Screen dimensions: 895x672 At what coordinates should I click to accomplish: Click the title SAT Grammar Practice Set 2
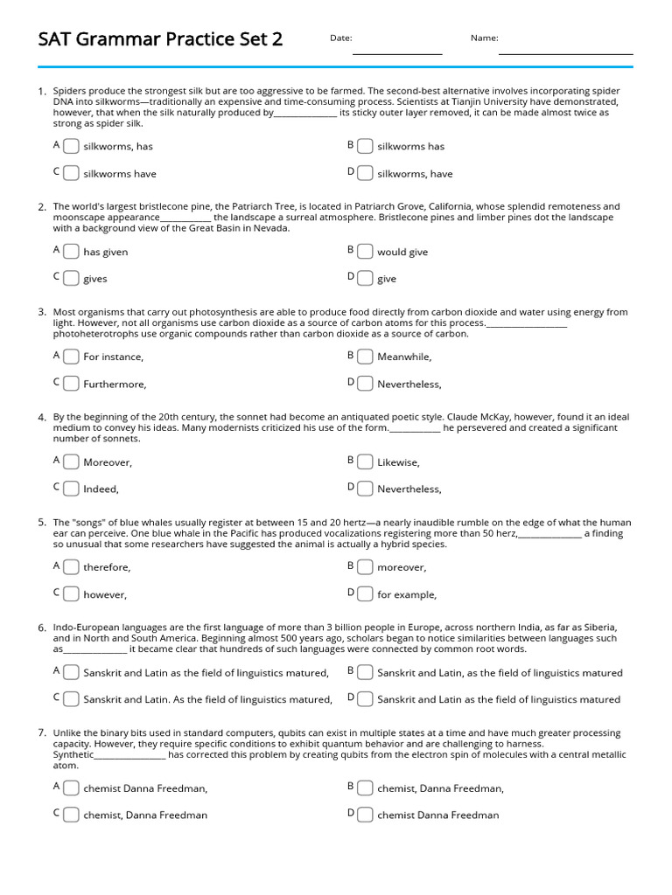click(x=160, y=39)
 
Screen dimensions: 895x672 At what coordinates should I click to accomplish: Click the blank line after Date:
click(x=396, y=52)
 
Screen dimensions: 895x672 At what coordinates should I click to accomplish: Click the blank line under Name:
click(x=565, y=52)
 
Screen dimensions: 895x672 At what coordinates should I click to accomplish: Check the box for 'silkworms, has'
click(x=71, y=146)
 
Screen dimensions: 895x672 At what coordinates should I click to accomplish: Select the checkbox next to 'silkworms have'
click(x=71, y=173)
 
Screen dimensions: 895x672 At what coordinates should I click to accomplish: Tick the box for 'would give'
click(x=365, y=252)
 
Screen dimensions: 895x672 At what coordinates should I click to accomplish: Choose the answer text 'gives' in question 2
click(x=95, y=279)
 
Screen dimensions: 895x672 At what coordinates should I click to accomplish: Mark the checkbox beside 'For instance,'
click(x=71, y=357)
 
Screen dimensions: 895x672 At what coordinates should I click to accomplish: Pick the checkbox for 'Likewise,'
click(x=365, y=461)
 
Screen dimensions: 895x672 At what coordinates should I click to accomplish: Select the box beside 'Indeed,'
click(x=71, y=489)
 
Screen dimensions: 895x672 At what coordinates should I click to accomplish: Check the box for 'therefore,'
click(x=71, y=566)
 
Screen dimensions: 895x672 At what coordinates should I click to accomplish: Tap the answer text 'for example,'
click(x=406, y=594)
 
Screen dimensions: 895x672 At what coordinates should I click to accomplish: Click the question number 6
click(x=41, y=628)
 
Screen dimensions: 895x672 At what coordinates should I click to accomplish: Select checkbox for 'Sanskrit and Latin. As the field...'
click(x=71, y=699)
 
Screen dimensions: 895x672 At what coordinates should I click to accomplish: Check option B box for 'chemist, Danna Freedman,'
click(x=365, y=787)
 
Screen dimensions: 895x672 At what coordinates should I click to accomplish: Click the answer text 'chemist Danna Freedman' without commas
click(x=437, y=815)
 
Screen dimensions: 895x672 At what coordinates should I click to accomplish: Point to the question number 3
click(x=41, y=312)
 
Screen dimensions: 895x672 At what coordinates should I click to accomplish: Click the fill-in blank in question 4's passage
click(x=414, y=428)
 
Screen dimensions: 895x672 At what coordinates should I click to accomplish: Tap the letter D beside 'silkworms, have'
click(x=350, y=172)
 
